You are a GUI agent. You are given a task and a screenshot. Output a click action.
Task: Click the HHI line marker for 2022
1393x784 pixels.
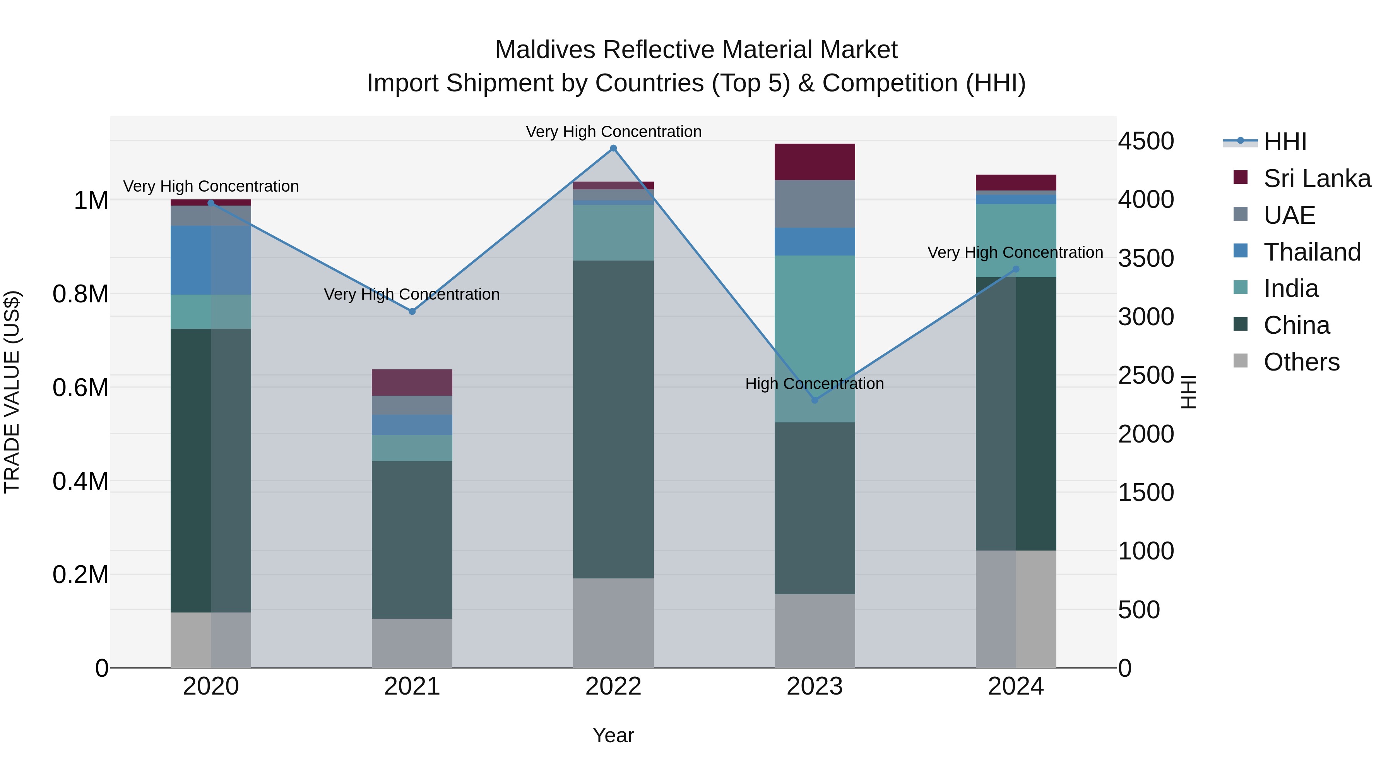click(613, 148)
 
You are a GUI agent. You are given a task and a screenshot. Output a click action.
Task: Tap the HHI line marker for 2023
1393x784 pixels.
click(815, 400)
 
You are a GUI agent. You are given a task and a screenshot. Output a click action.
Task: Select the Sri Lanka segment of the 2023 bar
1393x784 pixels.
click(815, 162)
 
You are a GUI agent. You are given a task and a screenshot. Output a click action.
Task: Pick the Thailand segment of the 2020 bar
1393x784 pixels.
click(211, 260)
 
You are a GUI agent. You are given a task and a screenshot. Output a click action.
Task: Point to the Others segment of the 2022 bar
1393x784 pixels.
click(613, 623)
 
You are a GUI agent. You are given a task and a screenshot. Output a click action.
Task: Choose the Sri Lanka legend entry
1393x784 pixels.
click(1317, 178)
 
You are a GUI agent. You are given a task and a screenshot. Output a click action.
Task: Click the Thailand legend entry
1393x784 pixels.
click(1312, 252)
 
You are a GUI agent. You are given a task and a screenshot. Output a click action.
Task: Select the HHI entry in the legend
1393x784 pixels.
click(1285, 142)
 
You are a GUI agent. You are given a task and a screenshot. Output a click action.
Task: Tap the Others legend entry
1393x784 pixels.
click(1301, 362)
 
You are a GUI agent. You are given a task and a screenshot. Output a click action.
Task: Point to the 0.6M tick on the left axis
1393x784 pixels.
click(80, 388)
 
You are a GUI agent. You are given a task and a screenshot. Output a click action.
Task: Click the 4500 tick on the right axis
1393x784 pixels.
click(1146, 141)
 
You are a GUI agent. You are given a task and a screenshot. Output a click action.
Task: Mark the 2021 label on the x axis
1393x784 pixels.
click(412, 686)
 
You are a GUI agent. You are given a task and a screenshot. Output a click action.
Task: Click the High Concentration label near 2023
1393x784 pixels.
click(815, 384)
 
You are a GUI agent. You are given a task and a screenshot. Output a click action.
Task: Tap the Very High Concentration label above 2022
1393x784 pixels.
click(613, 132)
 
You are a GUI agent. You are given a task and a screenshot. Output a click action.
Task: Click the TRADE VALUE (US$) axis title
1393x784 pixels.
click(12, 392)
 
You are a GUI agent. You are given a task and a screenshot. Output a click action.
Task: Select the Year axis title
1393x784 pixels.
click(613, 735)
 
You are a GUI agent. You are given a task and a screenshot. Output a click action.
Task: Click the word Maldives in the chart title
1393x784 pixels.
click(546, 50)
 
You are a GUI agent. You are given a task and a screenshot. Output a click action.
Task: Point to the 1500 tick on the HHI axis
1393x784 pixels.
click(1146, 492)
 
